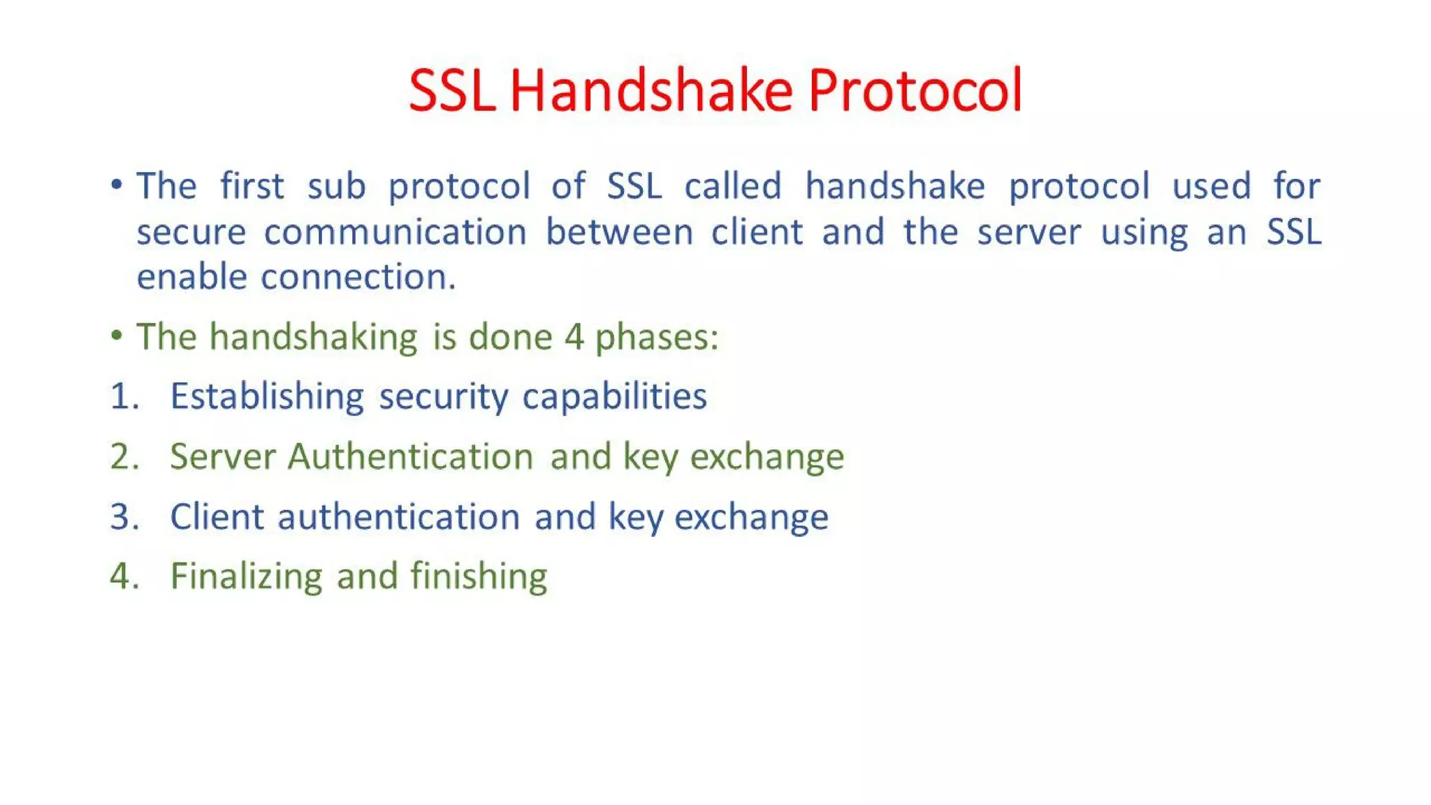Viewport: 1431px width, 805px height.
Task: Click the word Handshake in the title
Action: coord(651,91)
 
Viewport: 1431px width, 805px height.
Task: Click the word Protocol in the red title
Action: coord(915,91)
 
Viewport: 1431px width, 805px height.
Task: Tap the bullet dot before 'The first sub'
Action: coord(117,185)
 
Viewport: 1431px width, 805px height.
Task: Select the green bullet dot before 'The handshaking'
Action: coord(117,336)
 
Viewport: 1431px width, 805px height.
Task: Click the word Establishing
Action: coord(267,396)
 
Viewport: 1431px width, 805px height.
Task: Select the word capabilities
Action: coord(614,396)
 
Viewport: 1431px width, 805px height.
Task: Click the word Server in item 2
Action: coord(223,456)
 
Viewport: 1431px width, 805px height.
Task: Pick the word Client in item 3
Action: coord(217,517)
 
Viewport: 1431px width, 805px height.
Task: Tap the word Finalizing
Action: coord(246,577)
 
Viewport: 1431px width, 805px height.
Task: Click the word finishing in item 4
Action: coord(479,577)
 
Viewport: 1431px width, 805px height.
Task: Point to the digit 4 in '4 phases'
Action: coord(574,337)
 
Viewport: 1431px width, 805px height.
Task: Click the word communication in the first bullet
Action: coord(395,232)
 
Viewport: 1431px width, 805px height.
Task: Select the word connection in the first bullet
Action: coord(358,277)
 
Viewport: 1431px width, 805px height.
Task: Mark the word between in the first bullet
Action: coord(619,232)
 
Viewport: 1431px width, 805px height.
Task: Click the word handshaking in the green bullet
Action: coord(313,337)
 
